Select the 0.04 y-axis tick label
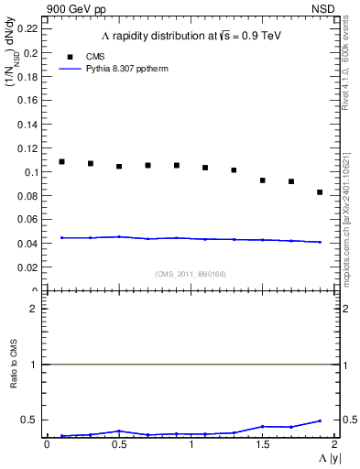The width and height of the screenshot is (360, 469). (x=27, y=244)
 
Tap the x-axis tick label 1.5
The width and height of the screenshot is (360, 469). (x=262, y=444)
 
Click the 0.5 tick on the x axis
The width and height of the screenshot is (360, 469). (x=118, y=444)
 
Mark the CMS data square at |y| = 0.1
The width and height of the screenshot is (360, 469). (x=61, y=162)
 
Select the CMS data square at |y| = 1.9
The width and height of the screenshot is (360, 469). (x=320, y=192)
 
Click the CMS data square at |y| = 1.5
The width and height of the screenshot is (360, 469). (x=262, y=180)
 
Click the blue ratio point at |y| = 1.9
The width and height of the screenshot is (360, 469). (x=320, y=420)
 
